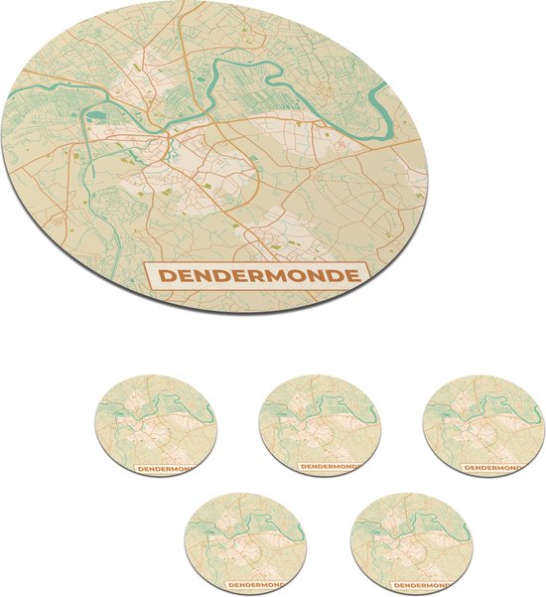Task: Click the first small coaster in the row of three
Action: (157, 425)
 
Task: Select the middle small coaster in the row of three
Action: (320, 425)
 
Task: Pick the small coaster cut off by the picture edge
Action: (483, 425)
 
